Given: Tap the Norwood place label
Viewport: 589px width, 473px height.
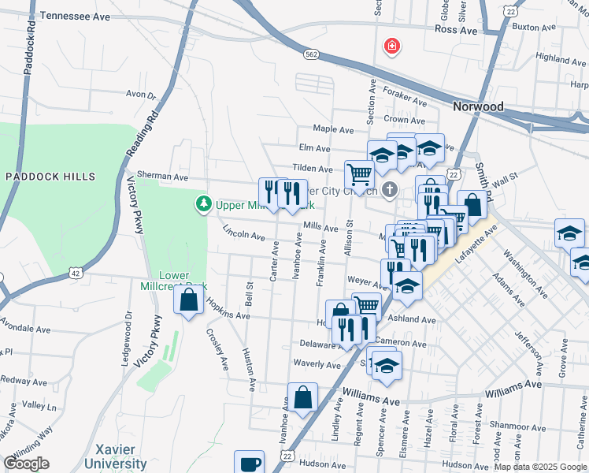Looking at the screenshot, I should tap(478, 106).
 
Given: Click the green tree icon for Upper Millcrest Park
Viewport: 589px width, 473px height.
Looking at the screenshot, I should tap(204, 205).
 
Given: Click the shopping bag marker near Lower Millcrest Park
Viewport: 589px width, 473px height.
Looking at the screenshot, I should tap(188, 300).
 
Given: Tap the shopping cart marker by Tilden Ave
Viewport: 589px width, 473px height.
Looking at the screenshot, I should tap(359, 173).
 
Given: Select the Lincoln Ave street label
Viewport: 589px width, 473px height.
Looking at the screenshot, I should tap(243, 234).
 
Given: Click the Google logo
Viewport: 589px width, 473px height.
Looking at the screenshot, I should tap(26, 464).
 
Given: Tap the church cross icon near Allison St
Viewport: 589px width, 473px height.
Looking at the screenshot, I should tap(390, 189).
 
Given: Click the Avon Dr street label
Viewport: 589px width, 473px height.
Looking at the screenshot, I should tap(141, 95).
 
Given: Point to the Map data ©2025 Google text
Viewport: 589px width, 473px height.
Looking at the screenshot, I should tap(540, 467).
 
